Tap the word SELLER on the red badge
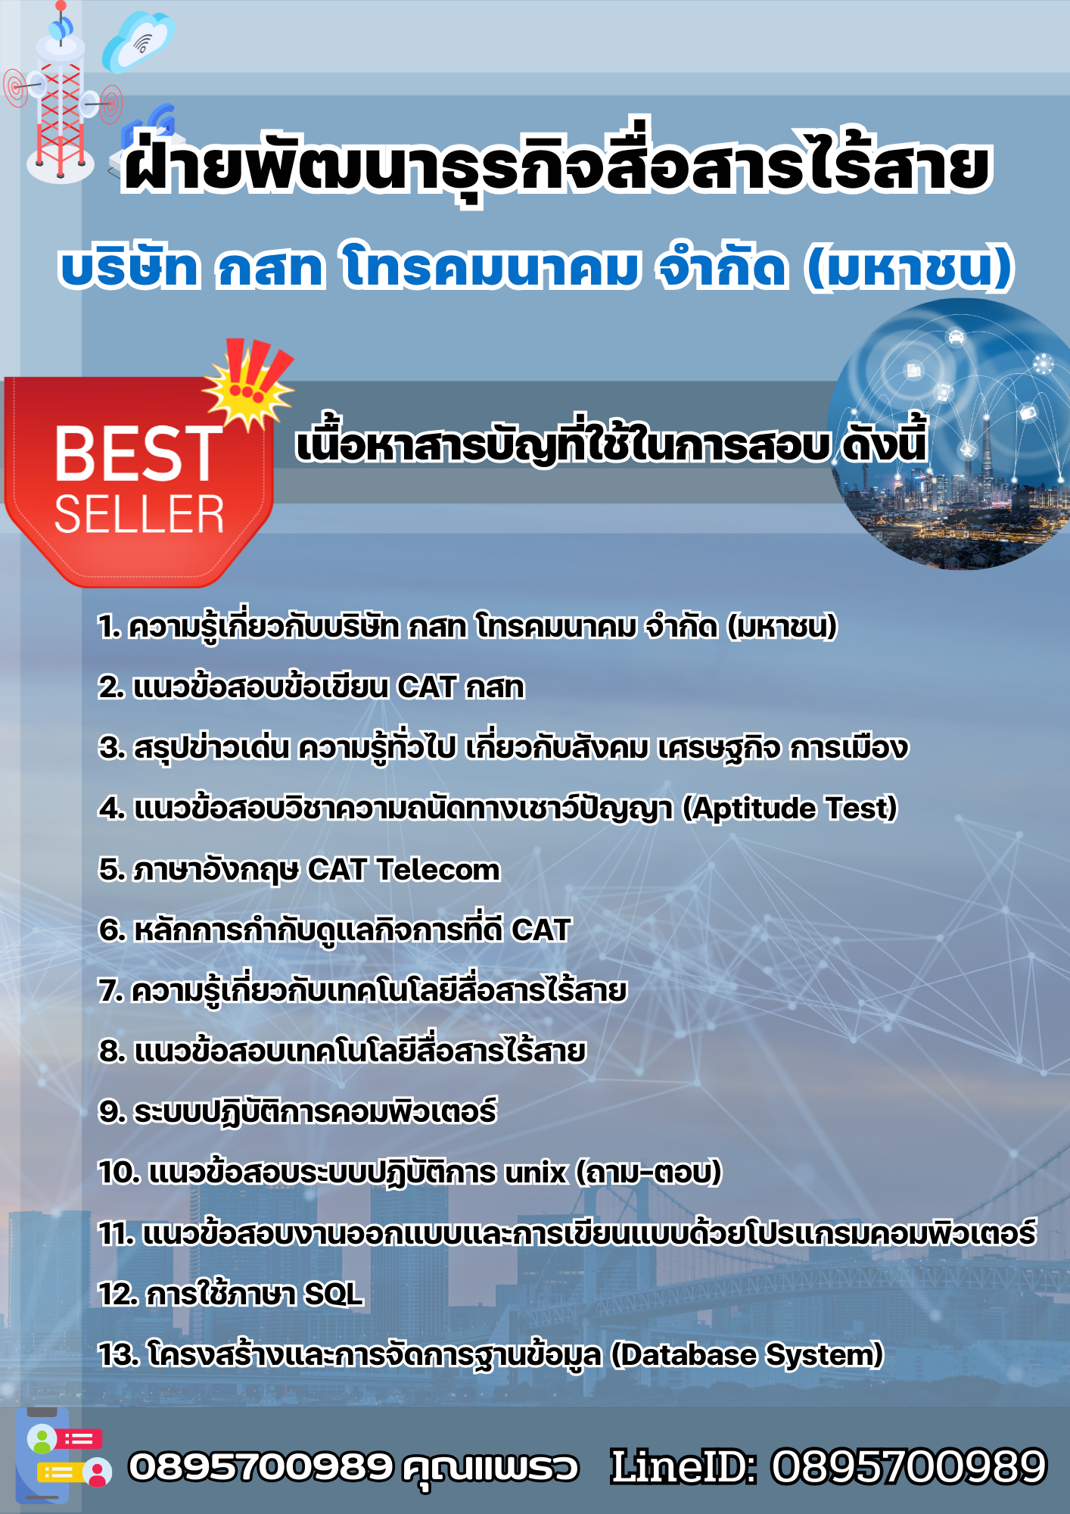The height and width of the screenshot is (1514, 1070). tap(139, 515)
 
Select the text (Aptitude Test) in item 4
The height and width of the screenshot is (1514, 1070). tap(789, 808)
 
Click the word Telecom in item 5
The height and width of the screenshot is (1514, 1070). tap(438, 870)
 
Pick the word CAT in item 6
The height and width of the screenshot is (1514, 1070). tap(540, 930)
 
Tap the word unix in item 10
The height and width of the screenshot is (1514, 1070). tap(535, 1173)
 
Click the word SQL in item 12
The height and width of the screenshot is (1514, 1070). tap(333, 1294)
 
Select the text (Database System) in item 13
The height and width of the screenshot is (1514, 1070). tap(747, 1355)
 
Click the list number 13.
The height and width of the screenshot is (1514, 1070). tap(118, 1355)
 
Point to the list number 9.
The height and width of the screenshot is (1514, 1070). tap(111, 1112)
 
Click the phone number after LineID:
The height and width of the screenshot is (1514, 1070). tap(908, 1466)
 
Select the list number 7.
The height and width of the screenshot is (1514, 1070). tap(110, 991)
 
